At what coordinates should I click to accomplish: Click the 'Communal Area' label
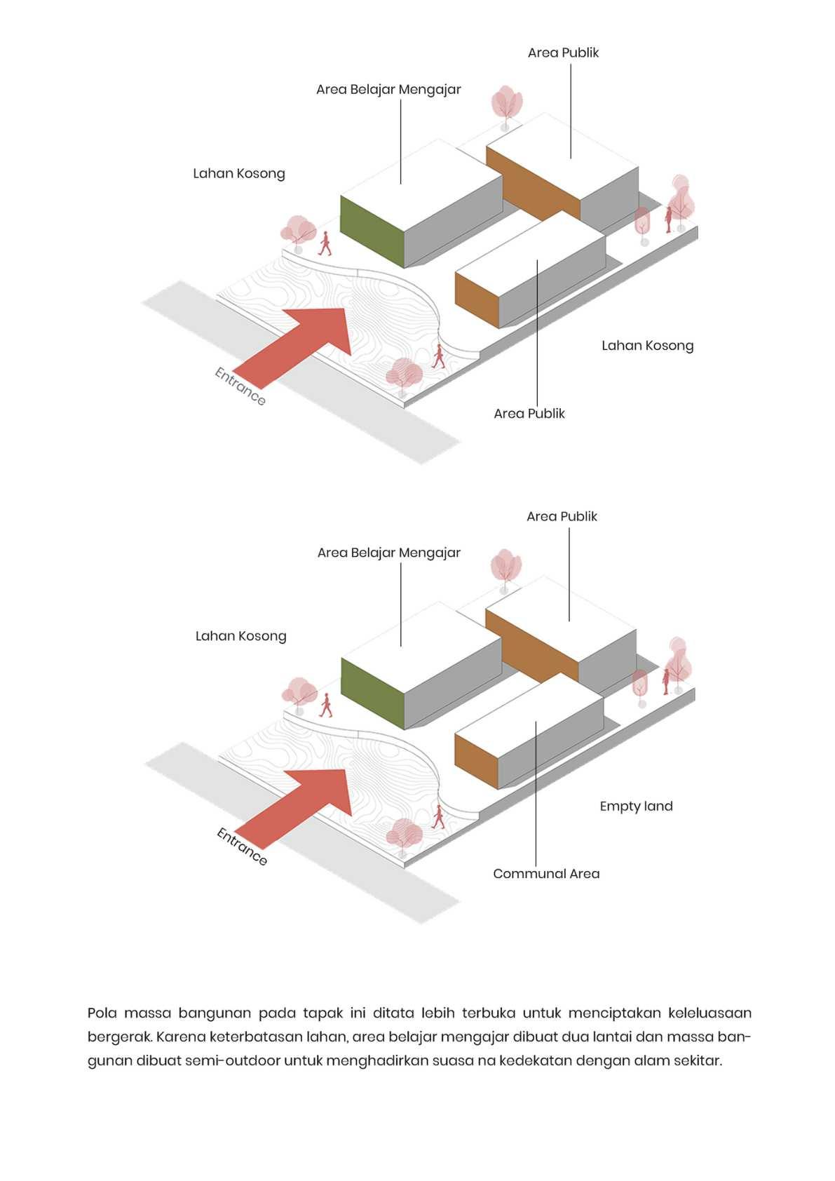point(546,874)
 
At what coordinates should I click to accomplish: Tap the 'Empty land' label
point(636,807)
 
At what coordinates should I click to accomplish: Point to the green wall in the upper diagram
point(372,231)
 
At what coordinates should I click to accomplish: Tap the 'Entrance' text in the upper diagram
point(240,386)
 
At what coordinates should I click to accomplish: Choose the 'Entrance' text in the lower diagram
point(242,846)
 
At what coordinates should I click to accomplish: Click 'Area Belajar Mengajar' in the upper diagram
point(388,90)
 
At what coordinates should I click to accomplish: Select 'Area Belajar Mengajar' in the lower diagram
point(388,553)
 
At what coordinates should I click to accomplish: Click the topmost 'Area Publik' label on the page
point(563,53)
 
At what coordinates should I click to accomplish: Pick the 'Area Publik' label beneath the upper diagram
point(529,414)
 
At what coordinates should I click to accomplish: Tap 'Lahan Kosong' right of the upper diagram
point(647,346)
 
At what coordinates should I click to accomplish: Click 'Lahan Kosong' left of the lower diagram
point(240,636)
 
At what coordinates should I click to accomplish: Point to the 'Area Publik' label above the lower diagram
point(562,517)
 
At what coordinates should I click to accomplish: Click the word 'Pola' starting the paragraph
point(102,1013)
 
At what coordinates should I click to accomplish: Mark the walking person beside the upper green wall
point(325,243)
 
